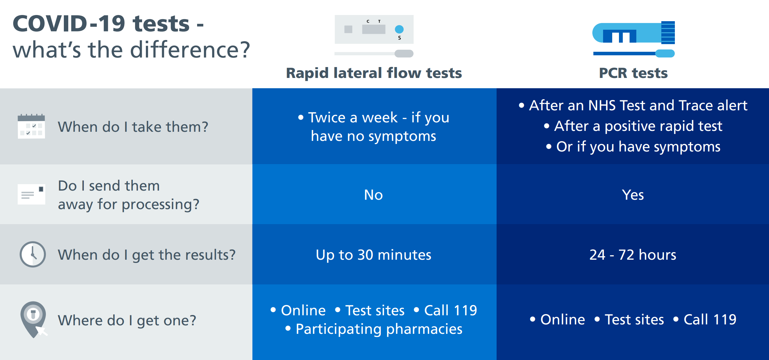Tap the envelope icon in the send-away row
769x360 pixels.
tap(31, 194)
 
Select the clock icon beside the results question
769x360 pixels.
tap(33, 254)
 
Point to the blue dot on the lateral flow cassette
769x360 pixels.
tap(399, 29)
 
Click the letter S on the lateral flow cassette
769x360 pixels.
tap(400, 38)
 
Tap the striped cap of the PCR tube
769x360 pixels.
tap(668, 33)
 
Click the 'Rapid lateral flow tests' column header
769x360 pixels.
tap(374, 73)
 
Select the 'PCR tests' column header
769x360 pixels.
tap(633, 73)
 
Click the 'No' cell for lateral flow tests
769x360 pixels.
tap(373, 195)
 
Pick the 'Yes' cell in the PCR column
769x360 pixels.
tap(633, 195)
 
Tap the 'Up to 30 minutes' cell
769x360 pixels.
tap(373, 255)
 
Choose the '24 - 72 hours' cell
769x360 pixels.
tap(633, 255)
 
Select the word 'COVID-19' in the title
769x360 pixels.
tap(69, 24)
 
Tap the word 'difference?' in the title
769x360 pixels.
tap(190, 49)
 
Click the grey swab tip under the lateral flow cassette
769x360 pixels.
tap(404, 54)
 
